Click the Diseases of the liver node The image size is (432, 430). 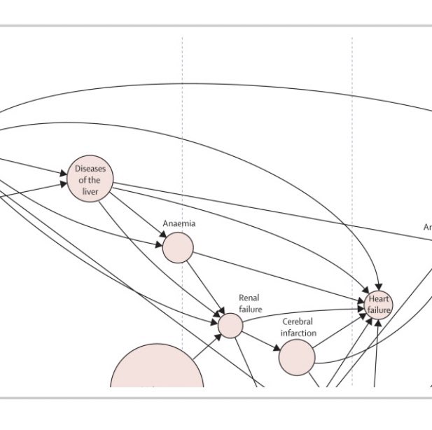90,180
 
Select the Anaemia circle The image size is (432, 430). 178,248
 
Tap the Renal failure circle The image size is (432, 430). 230,325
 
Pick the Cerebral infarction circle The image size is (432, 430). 297,357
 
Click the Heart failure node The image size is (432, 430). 379,305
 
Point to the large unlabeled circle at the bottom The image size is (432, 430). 157,371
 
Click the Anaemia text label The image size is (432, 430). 179,223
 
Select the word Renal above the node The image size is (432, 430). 249,298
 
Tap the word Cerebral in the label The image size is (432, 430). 298,321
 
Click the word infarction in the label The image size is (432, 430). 298,333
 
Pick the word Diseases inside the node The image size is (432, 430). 90,169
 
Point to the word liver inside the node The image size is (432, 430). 90,191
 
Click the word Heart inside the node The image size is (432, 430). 379,300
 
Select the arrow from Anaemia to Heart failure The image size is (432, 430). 280,272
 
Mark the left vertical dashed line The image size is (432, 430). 183,105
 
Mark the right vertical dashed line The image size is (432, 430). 352,105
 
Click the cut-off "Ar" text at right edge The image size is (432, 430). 427,227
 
